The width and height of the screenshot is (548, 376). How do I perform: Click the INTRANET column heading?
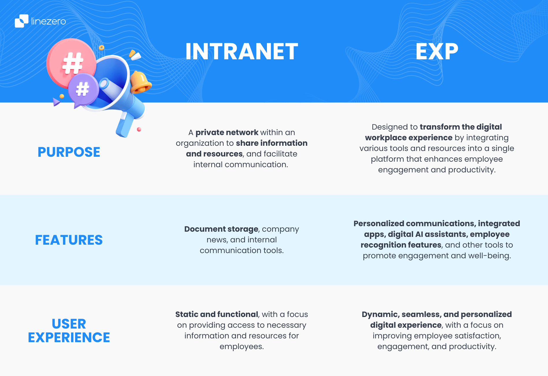pyautogui.click(x=242, y=51)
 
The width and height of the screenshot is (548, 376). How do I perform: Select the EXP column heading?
pyautogui.click(x=437, y=51)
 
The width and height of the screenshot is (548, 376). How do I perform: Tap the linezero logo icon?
pyautogui.click(x=21, y=21)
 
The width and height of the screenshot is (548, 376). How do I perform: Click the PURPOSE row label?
pyautogui.click(x=69, y=152)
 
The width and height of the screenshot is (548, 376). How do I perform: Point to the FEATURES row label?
pyautogui.click(x=69, y=240)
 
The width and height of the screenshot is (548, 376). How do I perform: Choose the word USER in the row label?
pyautogui.click(x=69, y=324)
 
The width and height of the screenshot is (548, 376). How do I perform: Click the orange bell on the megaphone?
pyautogui.click(x=140, y=82)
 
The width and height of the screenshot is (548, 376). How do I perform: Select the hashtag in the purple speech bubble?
pyautogui.click(x=82, y=89)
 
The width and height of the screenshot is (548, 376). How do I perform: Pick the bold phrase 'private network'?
pyautogui.click(x=227, y=132)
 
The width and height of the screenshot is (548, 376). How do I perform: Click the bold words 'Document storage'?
pyautogui.click(x=221, y=229)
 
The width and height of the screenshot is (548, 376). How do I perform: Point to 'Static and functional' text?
pyautogui.click(x=216, y=314)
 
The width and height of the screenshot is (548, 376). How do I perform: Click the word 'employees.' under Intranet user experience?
pyautogui.click(x=242, y=346)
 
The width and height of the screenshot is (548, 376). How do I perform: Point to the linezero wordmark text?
pyautogui.click(x=49, y=21)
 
